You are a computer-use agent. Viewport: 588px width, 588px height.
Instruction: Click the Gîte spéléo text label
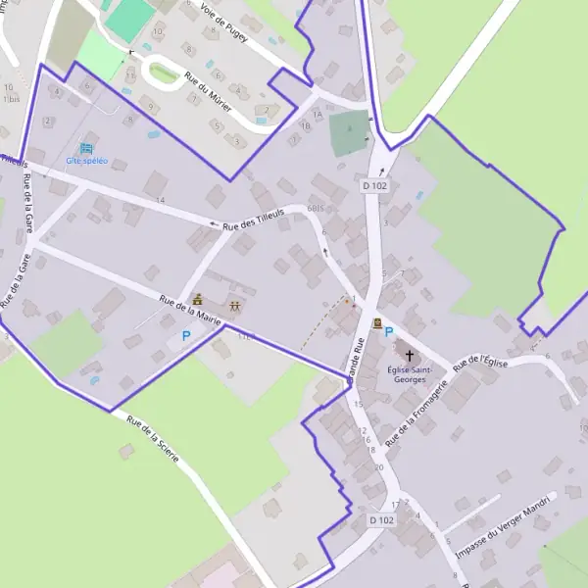click(x=86, y=160)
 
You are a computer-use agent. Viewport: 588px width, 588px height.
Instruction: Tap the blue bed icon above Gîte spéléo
click(x=86, y=148)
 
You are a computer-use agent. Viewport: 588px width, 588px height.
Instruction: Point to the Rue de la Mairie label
click(x=189, y=311)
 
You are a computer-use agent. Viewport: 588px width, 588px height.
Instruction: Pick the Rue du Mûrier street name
click(x=207, y=92)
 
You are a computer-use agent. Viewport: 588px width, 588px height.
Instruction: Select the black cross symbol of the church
click(x=409, y=356)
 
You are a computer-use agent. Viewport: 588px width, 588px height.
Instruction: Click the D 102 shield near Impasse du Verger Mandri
click(x=382, y=519)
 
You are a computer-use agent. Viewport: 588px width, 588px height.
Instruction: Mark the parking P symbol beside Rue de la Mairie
click(x=186, y=335)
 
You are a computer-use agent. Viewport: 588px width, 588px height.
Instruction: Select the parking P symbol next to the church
click(x=389, y=332)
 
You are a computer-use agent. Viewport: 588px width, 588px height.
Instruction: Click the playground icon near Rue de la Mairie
click(x=235, y=306)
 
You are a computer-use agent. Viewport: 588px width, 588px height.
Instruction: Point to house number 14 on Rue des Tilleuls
click(x=160, y=200)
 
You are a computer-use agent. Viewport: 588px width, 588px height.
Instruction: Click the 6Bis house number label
click(x=315, y=209)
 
